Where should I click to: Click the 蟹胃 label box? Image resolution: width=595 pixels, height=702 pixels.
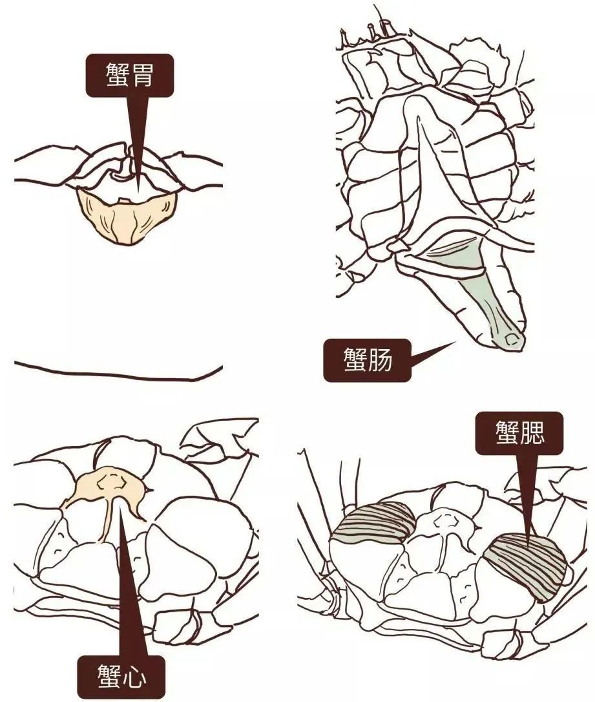tap(129, 75)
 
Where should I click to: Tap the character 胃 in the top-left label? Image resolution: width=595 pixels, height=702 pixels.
tap(142, 75)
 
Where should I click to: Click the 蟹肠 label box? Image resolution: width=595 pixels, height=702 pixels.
tap(366, 360)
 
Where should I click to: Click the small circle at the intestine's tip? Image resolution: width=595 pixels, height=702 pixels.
tap(511, 337)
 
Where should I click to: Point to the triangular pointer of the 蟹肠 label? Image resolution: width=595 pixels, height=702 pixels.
tap(426, 354)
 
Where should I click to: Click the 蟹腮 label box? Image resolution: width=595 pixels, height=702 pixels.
tap(519, 433)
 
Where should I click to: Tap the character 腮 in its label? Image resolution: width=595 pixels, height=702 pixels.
tap(533, 433)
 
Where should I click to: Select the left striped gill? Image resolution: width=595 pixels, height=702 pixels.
tap(375, 520)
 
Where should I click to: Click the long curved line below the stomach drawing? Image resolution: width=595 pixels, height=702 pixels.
tap(116, 374)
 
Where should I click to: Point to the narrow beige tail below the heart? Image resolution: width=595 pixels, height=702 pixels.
tap(105, 524)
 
